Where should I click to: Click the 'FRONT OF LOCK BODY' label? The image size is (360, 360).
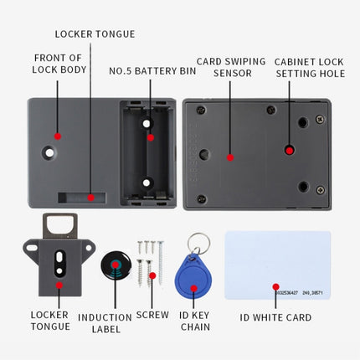(59, 64)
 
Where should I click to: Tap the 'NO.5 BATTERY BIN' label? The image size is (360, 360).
(152, 71)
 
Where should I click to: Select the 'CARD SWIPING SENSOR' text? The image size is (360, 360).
(230, 67)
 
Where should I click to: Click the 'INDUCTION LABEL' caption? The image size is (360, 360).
(105, 323)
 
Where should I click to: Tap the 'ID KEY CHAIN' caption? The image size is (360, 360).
(193, 323)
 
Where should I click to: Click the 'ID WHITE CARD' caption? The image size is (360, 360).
(275, 317)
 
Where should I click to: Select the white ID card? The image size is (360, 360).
(277, 265)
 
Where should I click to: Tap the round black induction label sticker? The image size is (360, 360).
(116, 265)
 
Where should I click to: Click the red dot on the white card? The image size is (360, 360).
(275, 286)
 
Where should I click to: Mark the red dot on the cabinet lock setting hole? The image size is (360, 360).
(289, 150)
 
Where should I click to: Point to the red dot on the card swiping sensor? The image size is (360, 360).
(230, 157)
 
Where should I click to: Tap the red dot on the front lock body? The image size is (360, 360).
(57, 136)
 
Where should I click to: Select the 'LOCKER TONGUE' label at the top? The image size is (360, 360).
(95, 34)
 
